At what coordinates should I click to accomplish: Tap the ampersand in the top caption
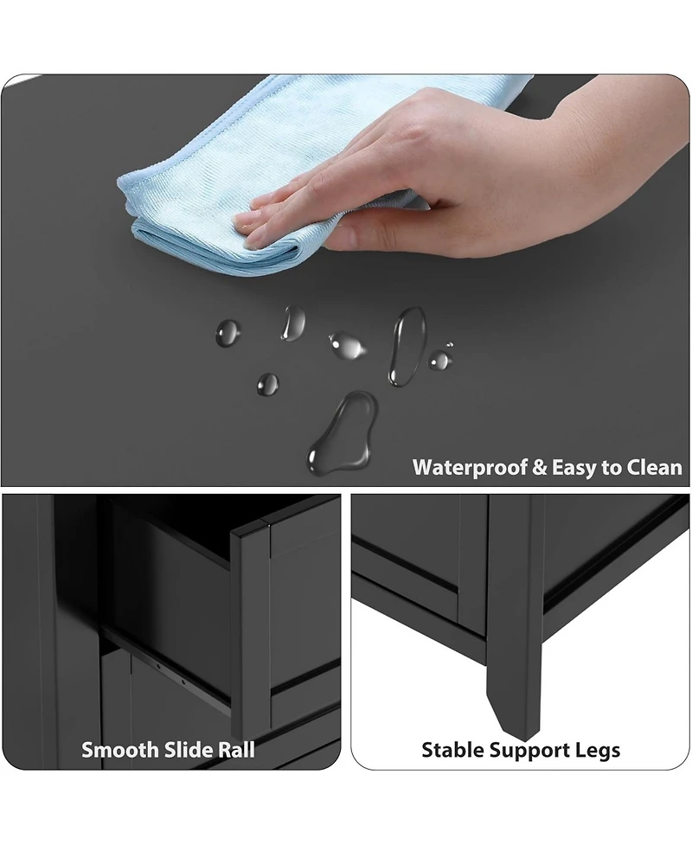tap(539, 467)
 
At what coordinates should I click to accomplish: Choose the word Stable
tap(452, 750)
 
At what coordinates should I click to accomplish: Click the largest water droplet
tap(343, 432)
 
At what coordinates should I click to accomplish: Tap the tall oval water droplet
tap(407, 347)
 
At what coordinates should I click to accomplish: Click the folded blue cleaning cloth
tap(259, 178)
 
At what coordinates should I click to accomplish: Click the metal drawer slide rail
tap(167, 669)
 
